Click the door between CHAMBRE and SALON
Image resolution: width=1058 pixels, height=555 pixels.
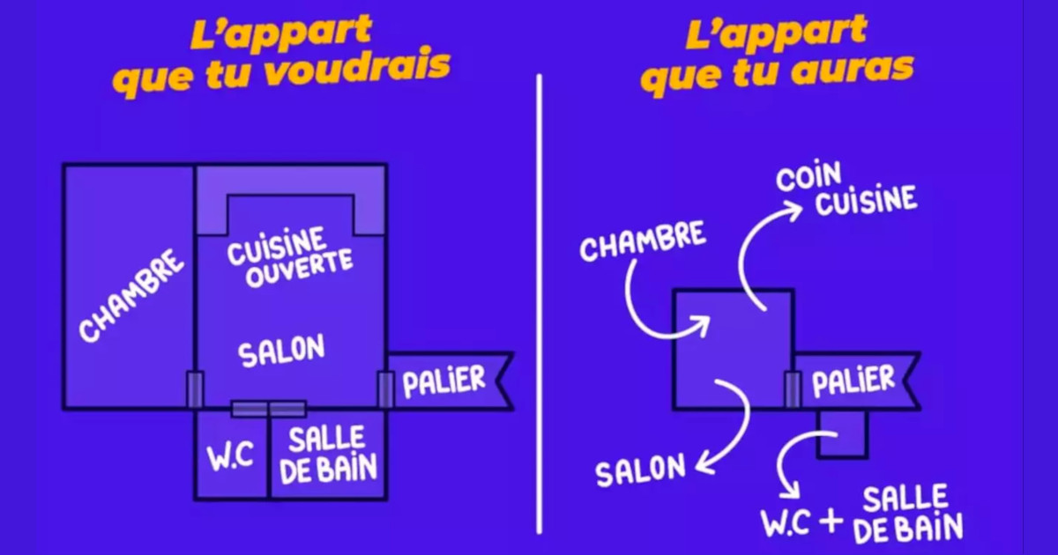195,388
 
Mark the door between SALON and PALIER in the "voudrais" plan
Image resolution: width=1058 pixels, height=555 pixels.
385,388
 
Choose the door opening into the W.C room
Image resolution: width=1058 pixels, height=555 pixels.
250,409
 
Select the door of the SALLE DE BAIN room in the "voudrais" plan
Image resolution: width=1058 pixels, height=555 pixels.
287,409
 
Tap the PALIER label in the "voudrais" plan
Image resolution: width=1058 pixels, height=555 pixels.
444,381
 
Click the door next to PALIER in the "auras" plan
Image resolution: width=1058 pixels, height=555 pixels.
793,388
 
